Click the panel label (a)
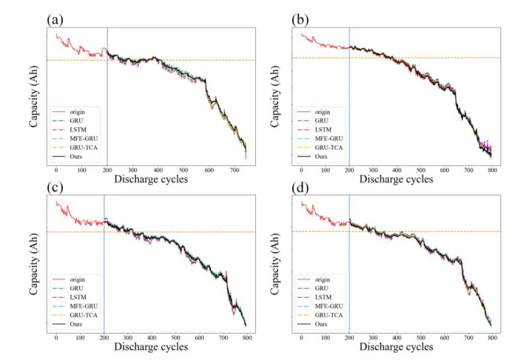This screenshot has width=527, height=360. coord(55,19)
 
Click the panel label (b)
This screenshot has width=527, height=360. coord(300,19)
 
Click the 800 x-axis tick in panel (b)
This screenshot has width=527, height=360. coord(526,169)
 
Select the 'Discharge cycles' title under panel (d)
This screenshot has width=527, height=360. coord(395,346)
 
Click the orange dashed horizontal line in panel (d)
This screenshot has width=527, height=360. coord(397,232)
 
